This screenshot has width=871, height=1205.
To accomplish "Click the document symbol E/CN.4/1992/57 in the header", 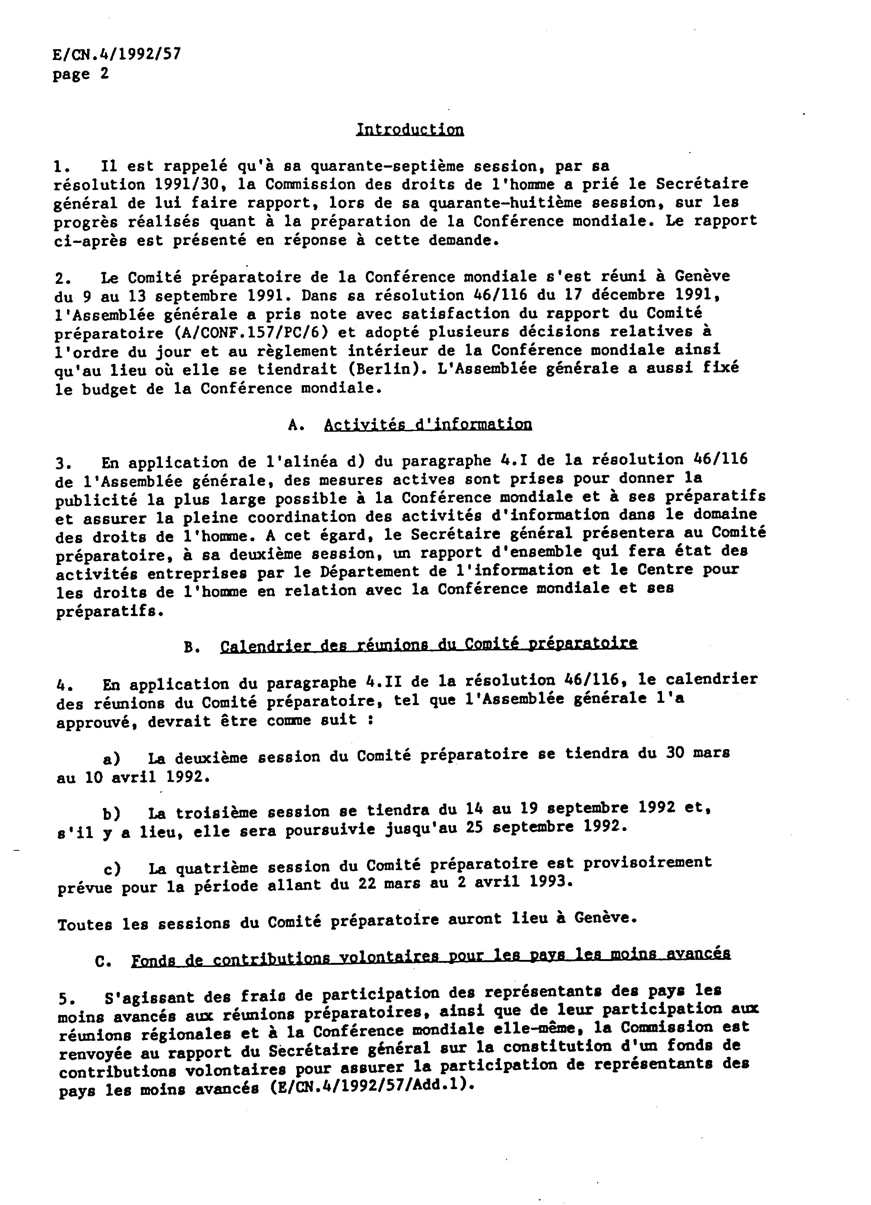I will (x=117, y=54).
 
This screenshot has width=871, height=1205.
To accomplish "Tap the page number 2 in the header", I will (x=104, y=73).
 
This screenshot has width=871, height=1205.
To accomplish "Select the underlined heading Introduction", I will (x=410, y=130).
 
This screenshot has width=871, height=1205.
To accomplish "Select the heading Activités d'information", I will (x=428, y=425).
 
